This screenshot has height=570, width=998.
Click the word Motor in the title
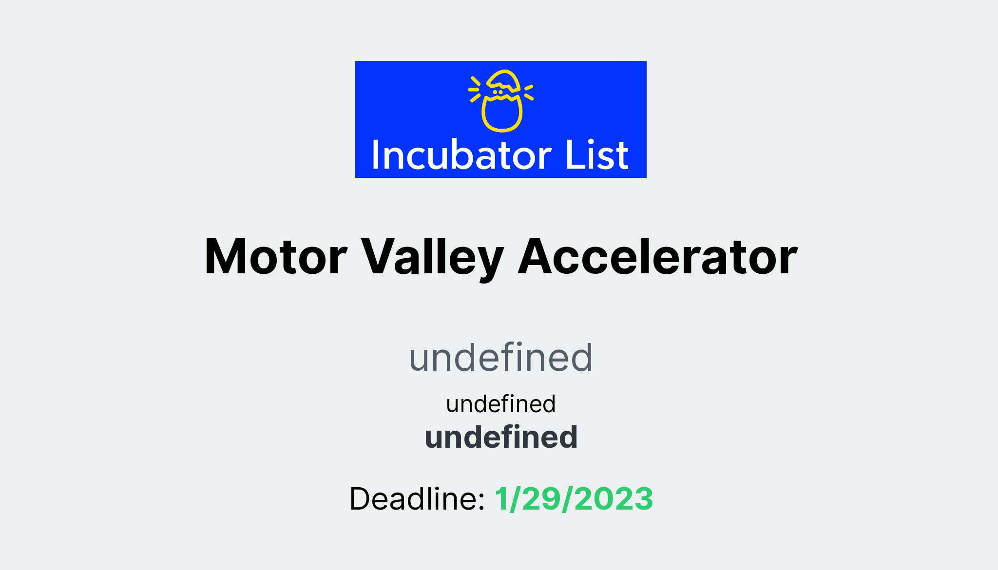click(276, 257)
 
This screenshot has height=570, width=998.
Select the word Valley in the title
click(432, 257)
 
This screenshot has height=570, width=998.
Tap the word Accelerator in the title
click(657, 257)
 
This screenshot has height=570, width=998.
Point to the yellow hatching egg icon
click(501, 101)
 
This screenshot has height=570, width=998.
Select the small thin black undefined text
click(501, 404)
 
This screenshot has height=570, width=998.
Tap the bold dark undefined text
click(501, 437)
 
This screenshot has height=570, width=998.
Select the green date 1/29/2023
click(574, 499)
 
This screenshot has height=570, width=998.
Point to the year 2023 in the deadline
click(614, 499)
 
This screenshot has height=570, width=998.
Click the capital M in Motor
click(227, 257)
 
